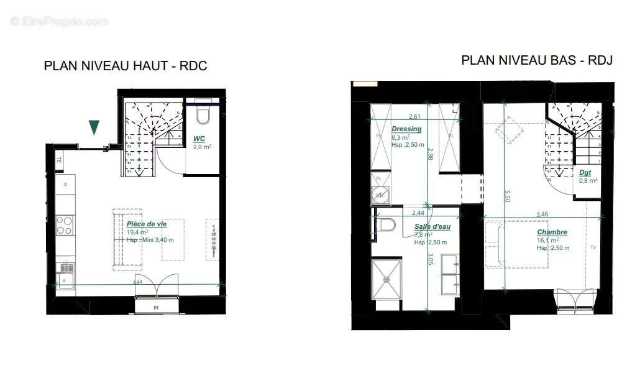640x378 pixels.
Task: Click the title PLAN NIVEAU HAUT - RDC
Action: (x=125, y=66)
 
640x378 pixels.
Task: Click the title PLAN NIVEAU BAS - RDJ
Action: (x=537, y=60)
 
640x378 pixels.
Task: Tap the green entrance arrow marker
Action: (x=94, y=127)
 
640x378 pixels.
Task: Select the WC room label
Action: (x=199, y=138)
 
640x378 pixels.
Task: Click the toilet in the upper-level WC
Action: (x=203, y=116)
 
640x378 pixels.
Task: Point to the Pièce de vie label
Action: (x=147, y=224)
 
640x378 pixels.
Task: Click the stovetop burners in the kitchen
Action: (x=65, y=224)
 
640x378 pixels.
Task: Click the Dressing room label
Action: (x=406, y=129)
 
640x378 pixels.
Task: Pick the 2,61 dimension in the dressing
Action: (x=416, y=117)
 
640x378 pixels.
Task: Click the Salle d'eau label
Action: (x=432, y=227)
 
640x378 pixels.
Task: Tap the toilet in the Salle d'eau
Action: (x=385, y=224)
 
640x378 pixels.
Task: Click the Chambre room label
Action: (x=552, y=233)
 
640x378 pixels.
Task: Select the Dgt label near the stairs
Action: (x=585, y=172)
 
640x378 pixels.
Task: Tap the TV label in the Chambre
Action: (x=593, y=247)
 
